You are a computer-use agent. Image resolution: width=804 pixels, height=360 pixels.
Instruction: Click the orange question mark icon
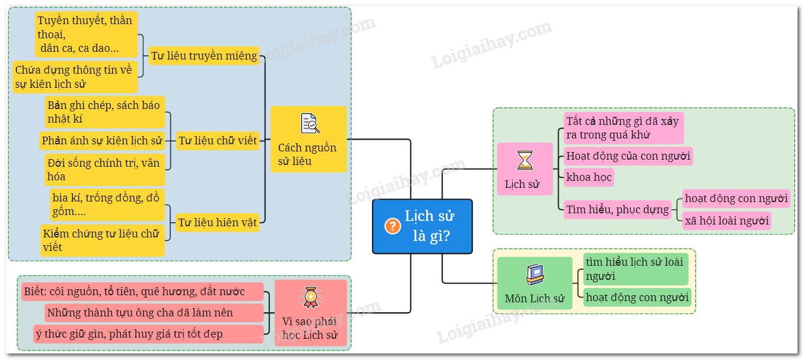[x=393, y=226]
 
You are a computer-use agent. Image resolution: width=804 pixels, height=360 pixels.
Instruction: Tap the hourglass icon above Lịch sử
[x=525, y=160]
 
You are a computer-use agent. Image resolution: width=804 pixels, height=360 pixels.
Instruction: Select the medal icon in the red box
[x=310, y=297]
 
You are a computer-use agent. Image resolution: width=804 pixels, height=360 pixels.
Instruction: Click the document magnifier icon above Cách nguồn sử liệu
[x=309, y=123]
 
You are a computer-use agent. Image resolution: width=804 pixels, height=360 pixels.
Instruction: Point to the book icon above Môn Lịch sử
[x=535, y=275]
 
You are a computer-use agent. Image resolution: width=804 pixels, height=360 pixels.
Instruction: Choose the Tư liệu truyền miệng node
[x=204, y=56]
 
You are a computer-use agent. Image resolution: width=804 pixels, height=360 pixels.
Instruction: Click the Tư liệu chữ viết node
[x=218, y=140]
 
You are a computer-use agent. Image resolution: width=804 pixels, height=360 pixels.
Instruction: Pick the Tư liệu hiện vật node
[x=218, y=222]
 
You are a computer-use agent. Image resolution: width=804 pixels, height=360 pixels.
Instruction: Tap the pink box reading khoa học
[x=589, y=177]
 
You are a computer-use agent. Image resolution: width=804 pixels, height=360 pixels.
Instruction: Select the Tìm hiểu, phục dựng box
[x=617, y=209]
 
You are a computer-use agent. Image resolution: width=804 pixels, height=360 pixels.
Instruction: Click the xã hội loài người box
[x=727, y=221]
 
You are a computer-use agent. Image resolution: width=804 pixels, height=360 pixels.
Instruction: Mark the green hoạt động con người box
[x=637, y=298]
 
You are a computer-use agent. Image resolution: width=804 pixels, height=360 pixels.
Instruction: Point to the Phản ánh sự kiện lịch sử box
[x=102, y=141]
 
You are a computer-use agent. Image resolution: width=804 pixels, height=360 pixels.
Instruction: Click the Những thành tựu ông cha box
[x=154, y=313]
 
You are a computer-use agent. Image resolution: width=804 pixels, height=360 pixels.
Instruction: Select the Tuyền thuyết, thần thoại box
[x=86, y=34]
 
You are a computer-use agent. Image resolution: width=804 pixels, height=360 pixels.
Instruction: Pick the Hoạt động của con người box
[x=628, y=156]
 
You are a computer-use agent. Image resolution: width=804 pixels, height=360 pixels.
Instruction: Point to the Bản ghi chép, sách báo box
[x=105, y=112]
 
